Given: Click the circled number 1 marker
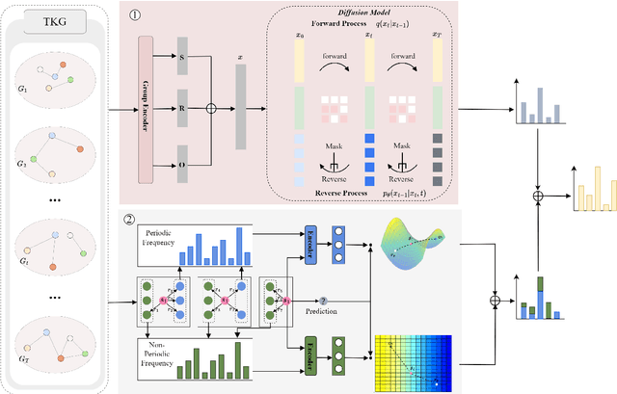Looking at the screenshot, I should tap(136, 16).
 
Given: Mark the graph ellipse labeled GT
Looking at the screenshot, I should tap(58, 342).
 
